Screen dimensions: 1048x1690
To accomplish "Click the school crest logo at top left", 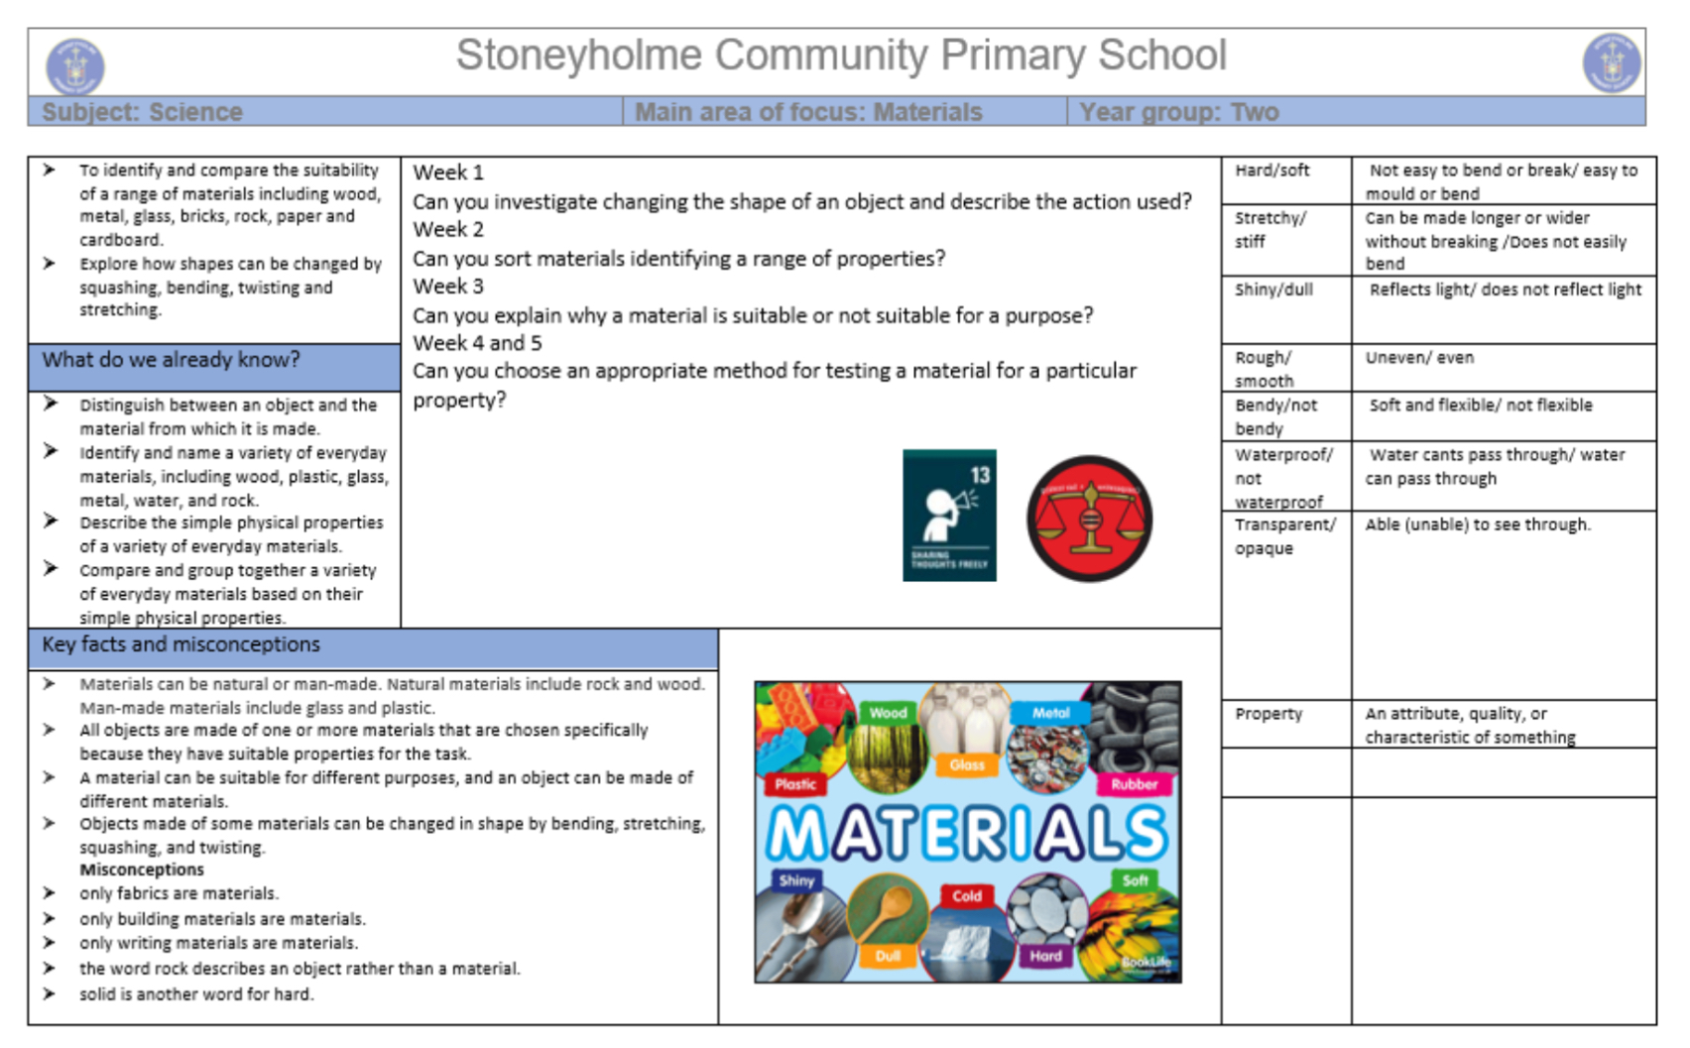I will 75,66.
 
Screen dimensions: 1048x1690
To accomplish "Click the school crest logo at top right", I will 1611,62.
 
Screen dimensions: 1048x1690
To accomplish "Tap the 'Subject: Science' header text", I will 142,112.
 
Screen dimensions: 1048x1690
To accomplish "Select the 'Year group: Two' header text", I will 1178,112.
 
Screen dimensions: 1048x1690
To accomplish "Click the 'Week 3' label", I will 448,287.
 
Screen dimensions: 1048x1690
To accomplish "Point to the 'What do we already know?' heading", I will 171,360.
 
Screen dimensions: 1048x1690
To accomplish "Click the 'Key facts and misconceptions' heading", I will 181,644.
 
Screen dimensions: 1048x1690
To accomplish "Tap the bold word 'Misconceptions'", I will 142,870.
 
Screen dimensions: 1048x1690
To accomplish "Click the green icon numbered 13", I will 949,515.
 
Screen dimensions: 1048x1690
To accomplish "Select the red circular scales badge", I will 1089,519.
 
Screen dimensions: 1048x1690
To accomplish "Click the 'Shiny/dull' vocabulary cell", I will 1273,290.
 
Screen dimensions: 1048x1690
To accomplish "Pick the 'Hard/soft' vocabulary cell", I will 1272,171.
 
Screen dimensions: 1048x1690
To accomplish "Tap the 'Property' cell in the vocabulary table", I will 1268,714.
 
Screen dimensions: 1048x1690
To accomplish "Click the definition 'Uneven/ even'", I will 1419,358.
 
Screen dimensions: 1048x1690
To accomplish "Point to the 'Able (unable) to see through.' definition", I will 1477,524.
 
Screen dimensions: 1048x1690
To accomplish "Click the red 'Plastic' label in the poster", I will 795,784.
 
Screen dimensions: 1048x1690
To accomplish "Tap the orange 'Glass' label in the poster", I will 966,764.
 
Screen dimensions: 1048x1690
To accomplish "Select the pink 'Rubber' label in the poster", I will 1134,784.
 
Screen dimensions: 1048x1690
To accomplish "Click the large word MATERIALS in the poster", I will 967,833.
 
